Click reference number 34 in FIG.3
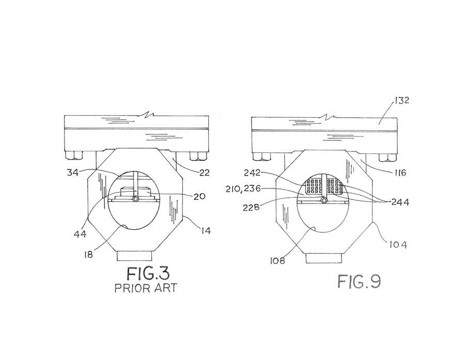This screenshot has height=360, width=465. pos(72,173)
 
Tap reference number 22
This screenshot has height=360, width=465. pos(204,173)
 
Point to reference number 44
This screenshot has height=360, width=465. pos(80,234)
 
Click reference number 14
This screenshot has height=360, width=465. pos(205,230)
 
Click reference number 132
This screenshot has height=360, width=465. pos(401,100)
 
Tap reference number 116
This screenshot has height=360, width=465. pos(400,173)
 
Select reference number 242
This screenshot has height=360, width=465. pos(252,173)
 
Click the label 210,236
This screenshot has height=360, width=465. pos(243,189)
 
